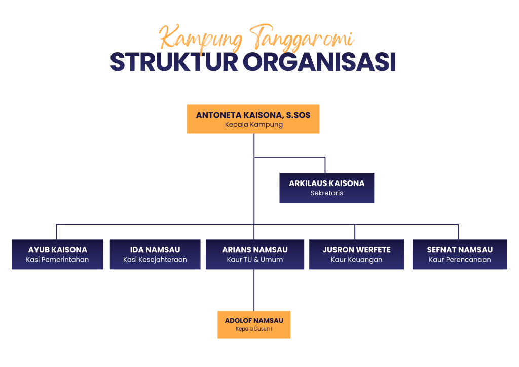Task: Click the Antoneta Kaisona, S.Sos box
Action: tap(253, 119)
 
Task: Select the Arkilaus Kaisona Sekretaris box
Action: tap(327, 188)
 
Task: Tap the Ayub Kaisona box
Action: tap(57, 254)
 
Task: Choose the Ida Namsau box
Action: tap(155, 254)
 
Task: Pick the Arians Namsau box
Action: tap(255, 254)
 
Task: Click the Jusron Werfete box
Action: tap(356, 254)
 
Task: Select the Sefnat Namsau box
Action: tap(460, 254)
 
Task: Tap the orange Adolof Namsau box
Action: tap(254, 324)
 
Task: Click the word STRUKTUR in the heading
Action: tap(174, 62)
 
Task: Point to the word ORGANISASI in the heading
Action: tap(319, 62)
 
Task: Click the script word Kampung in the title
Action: tap(201, 38)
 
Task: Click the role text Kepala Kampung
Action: tap(254, 125)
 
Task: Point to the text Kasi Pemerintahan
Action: tap(57, 260)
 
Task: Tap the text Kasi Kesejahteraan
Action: tap(155, 260)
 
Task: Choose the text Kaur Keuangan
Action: tap(356, 260)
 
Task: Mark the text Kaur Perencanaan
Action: tap(460, 260)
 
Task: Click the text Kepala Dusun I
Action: tap(254, 329)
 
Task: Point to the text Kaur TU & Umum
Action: tap(255, 260)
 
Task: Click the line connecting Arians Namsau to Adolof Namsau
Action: tap(254, 290)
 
